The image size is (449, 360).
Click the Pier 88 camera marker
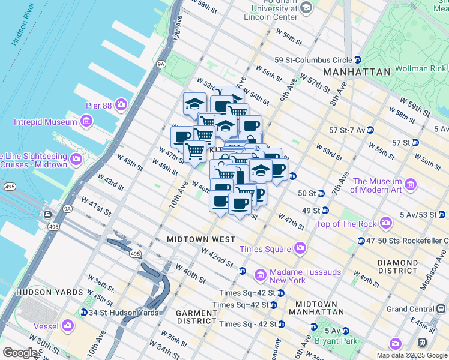122,105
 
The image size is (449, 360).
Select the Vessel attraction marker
67,326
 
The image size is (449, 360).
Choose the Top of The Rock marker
385,224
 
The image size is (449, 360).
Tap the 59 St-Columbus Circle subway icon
357,60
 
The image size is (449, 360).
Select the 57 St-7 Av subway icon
370,130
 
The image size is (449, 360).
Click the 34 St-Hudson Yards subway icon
84,312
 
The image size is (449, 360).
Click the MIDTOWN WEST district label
201,239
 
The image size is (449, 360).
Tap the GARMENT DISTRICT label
196,317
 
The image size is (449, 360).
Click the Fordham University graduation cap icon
307,7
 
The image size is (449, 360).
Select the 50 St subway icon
321,193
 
